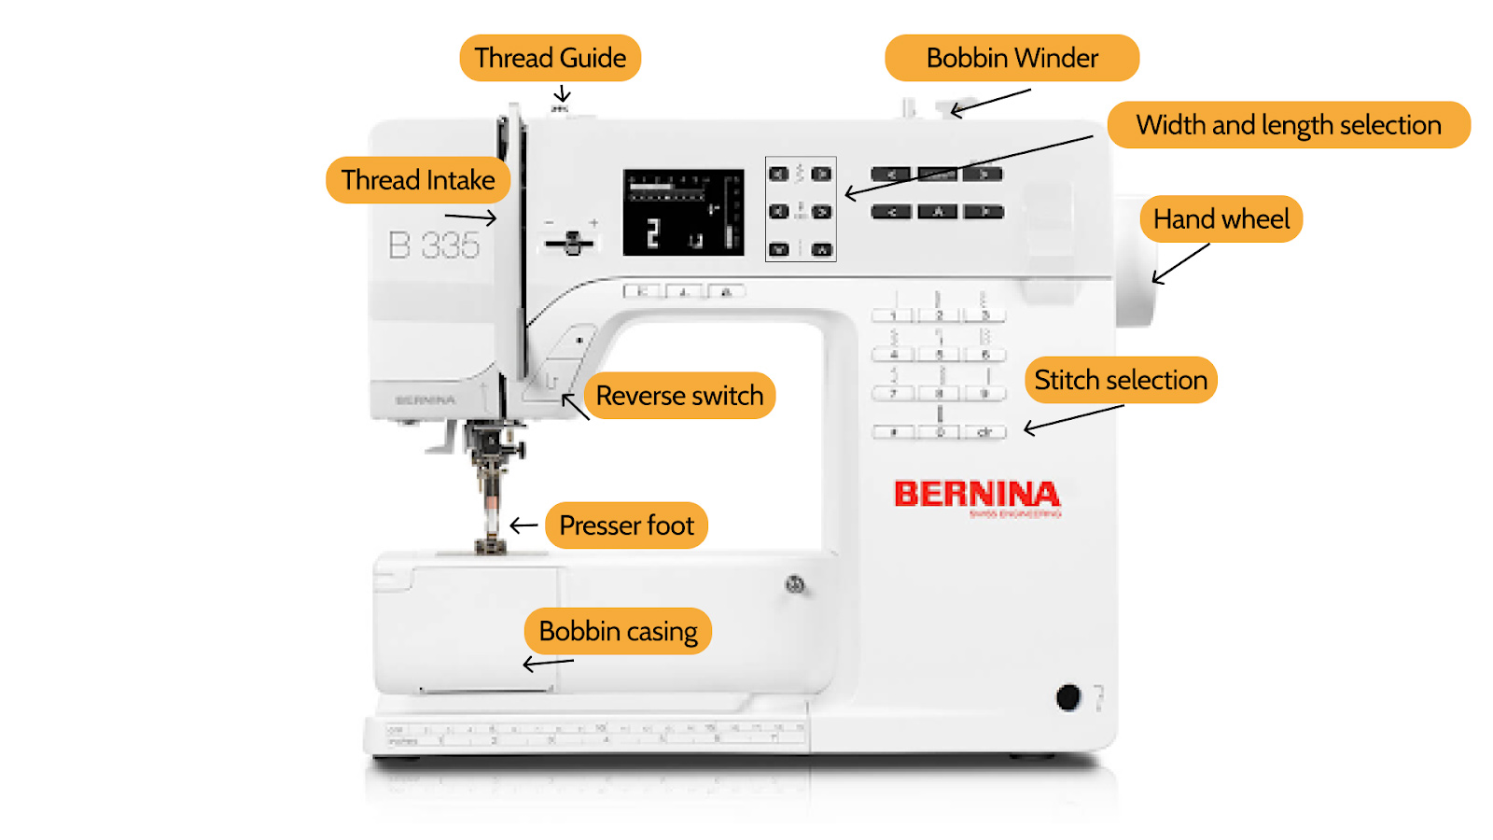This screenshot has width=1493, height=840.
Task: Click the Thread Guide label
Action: coord(550,58)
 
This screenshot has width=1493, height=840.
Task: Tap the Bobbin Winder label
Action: coord(1012,58)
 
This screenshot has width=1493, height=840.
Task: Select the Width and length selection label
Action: coord(1288,125)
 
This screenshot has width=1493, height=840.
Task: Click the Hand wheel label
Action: coord(1221,219)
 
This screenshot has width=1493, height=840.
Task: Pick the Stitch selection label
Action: coord(1120,380)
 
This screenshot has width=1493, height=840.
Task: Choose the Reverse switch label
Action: coord(679,396)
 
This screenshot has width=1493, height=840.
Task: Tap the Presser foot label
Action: coord(626,525)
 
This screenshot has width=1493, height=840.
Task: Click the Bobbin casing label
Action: coord(618,632)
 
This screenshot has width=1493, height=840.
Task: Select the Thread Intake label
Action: coord(418,180)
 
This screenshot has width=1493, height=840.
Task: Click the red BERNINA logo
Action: coord(976,495)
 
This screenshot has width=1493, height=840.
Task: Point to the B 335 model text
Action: coord(434,245)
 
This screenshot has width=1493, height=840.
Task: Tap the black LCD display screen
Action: coord(683,213)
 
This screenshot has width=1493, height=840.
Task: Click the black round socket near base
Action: coord(1068,696)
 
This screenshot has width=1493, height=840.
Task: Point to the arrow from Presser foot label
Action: coord(523,525)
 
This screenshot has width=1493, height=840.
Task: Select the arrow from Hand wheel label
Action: coord(1179,264)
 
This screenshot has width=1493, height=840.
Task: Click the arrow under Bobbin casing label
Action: coord(548,664)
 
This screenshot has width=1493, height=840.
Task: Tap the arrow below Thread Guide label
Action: coord(562,93)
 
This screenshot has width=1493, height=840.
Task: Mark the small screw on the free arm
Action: coord(795,585)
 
